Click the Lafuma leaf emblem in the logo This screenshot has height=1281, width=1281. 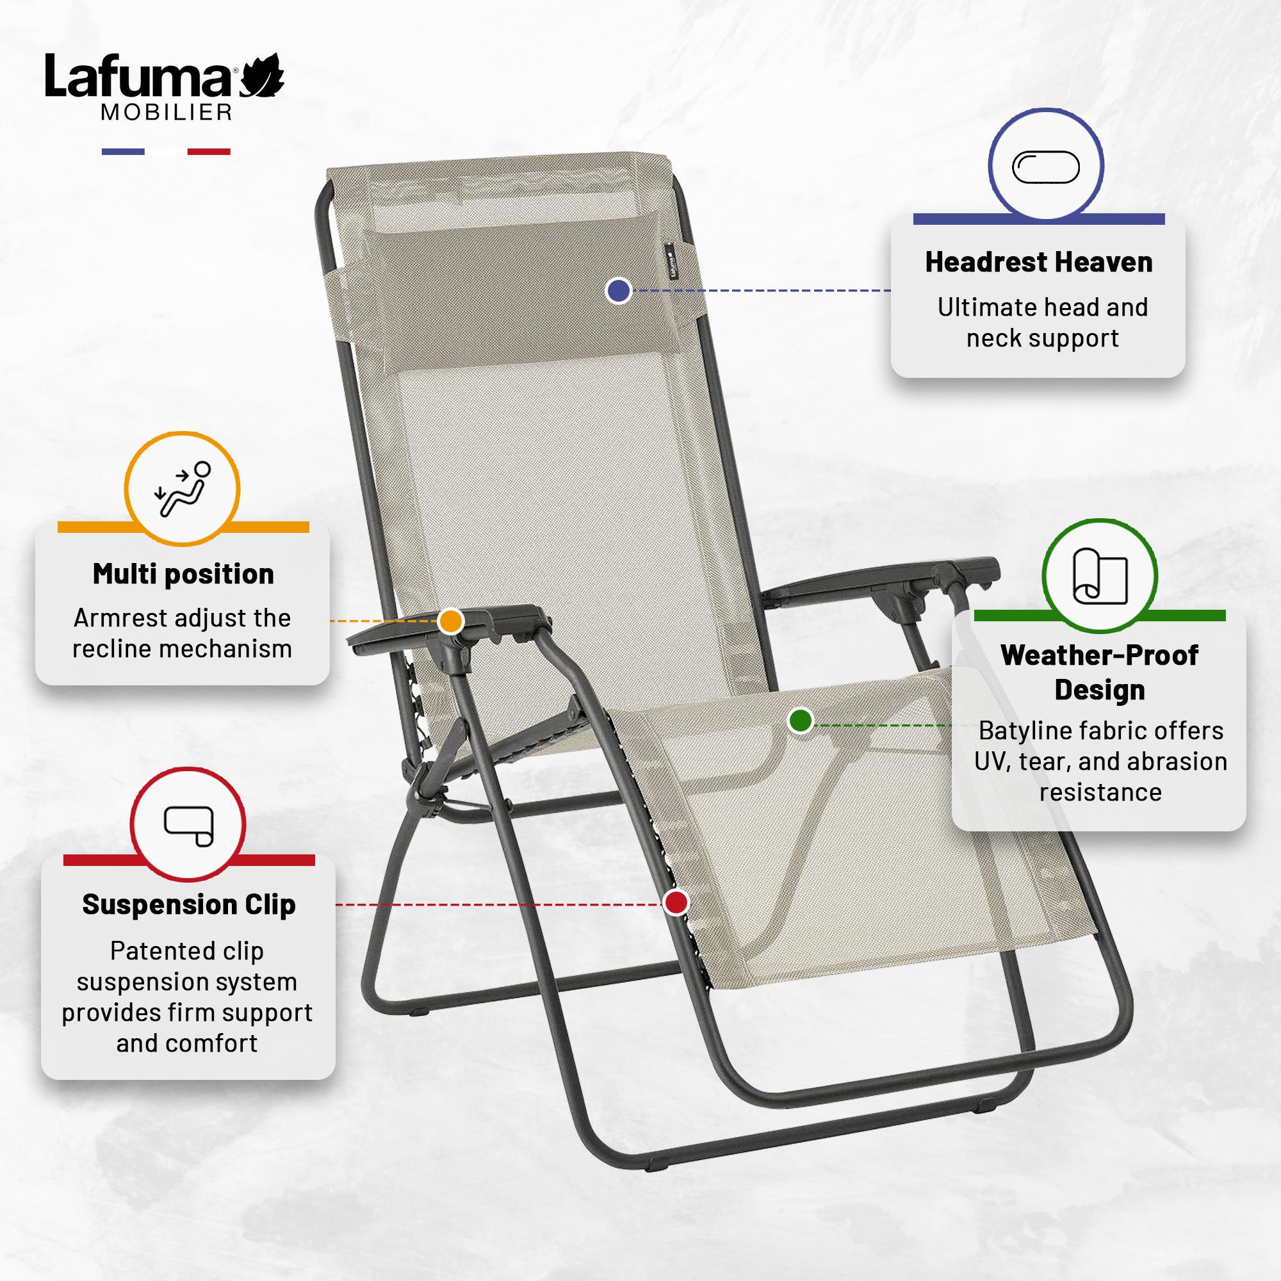point(262,76)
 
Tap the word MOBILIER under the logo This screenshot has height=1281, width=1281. point(167,112)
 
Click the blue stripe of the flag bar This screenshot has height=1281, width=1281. point(123,152)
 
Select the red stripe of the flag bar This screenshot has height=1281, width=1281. point(209,152)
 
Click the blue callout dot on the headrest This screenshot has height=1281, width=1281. point(619,290)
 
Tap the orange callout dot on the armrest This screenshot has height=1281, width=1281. point(451,621)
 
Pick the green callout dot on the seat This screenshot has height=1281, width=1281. point(801,720)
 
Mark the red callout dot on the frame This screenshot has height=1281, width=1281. point(676,902)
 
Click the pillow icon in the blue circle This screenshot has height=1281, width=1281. point(1046,167)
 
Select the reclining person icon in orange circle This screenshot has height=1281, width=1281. point(183,489)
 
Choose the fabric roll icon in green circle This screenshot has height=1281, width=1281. point(1100,576)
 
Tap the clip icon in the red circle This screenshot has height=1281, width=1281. point(189,826)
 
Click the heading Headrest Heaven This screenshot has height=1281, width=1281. point(1039,262)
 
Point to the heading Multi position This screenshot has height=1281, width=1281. point(183,574)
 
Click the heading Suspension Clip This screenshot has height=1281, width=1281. point(189,905)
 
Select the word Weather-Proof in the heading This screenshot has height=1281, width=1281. point(1099,655)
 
